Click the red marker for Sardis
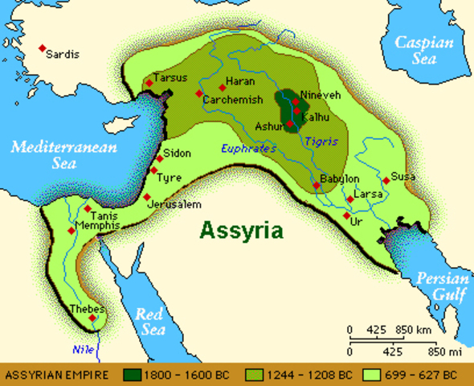43,49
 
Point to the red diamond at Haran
222,88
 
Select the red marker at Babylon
317,186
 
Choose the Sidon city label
177,153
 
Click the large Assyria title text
241,231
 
